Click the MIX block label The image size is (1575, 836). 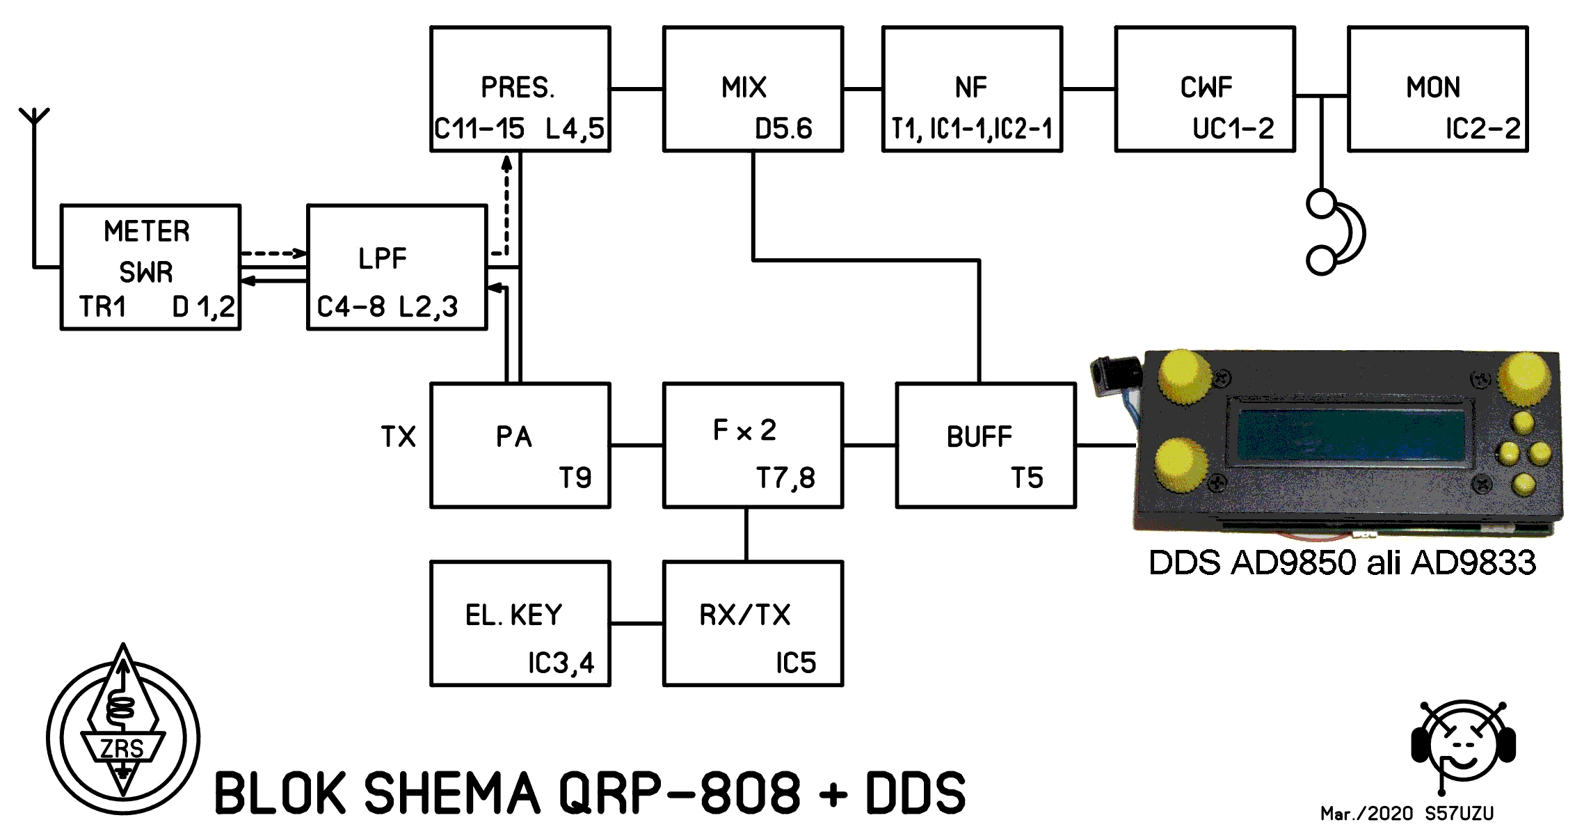click(x=744, y=88)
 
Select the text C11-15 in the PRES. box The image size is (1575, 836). click(x=479, y=129)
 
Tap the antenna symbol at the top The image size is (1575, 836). click(x=34, y=117)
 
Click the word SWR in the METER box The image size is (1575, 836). click(x=146, y=272)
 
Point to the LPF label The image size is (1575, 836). click(x=382, y=258)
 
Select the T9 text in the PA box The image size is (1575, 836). click(x=575, y=478)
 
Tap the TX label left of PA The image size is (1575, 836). click(x=399, y=437)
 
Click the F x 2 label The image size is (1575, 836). click(x=744, y=430)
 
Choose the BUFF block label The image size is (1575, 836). click(x=979, y=437)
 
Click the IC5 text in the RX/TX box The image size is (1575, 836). click(x=796, y=663)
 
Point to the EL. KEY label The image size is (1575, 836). click(x=513, y=615)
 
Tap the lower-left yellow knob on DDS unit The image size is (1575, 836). click(x=1181, y=464)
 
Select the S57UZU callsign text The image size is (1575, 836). click(x=1459, y=813)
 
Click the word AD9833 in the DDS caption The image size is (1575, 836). click(x=1473, y=562)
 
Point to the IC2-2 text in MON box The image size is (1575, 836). click(x=1482, y=129)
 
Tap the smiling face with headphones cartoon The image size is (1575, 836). click(x=1463, y=745)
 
